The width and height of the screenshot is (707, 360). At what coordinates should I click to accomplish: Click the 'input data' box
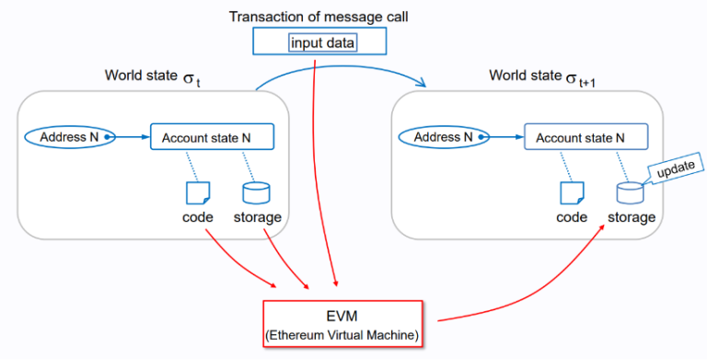(318, 42)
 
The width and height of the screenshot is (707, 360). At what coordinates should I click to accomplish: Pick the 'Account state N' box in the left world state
(212, 138)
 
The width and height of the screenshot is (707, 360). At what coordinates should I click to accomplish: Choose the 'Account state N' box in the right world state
(585, 138)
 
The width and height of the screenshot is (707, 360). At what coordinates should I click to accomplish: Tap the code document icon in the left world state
(198, 192)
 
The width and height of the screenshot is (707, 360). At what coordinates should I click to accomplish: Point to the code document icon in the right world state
(572, 192)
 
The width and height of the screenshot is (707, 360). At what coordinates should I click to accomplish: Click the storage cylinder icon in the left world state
(256, 192)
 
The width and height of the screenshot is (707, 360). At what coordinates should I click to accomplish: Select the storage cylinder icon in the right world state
(631, 192)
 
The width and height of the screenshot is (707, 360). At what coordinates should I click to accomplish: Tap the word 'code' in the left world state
(198, 217)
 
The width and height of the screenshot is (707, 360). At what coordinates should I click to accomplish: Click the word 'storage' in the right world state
(631, 217)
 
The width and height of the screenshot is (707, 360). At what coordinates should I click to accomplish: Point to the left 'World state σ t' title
(152, 76)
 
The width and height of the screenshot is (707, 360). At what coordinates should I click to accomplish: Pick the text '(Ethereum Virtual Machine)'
(343, 335)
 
